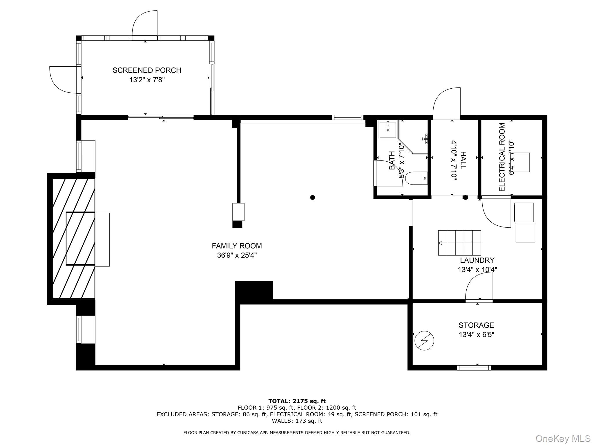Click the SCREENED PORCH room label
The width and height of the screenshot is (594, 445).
point(147,70)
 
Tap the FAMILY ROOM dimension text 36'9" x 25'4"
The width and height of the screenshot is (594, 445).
point(237,255)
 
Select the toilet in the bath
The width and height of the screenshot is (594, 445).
point(416,178)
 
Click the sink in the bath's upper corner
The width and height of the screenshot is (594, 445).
point(387,130)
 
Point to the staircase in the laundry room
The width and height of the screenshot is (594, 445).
point(459,243)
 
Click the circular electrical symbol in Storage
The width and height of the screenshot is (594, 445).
point(424,341)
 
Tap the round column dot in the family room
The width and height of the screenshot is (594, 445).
point(312,198)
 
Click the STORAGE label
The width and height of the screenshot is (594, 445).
point(476,325)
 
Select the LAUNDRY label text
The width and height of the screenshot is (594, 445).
point(477,260)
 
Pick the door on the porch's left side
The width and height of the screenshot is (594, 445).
point(64,80)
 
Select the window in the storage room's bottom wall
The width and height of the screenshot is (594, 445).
point(474,368)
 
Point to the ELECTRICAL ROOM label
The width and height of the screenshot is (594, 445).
point(502,157)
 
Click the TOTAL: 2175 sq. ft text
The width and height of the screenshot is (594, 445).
point(297,401)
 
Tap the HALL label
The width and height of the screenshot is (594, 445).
point(463,160)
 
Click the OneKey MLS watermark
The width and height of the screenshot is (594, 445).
point(563,438)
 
